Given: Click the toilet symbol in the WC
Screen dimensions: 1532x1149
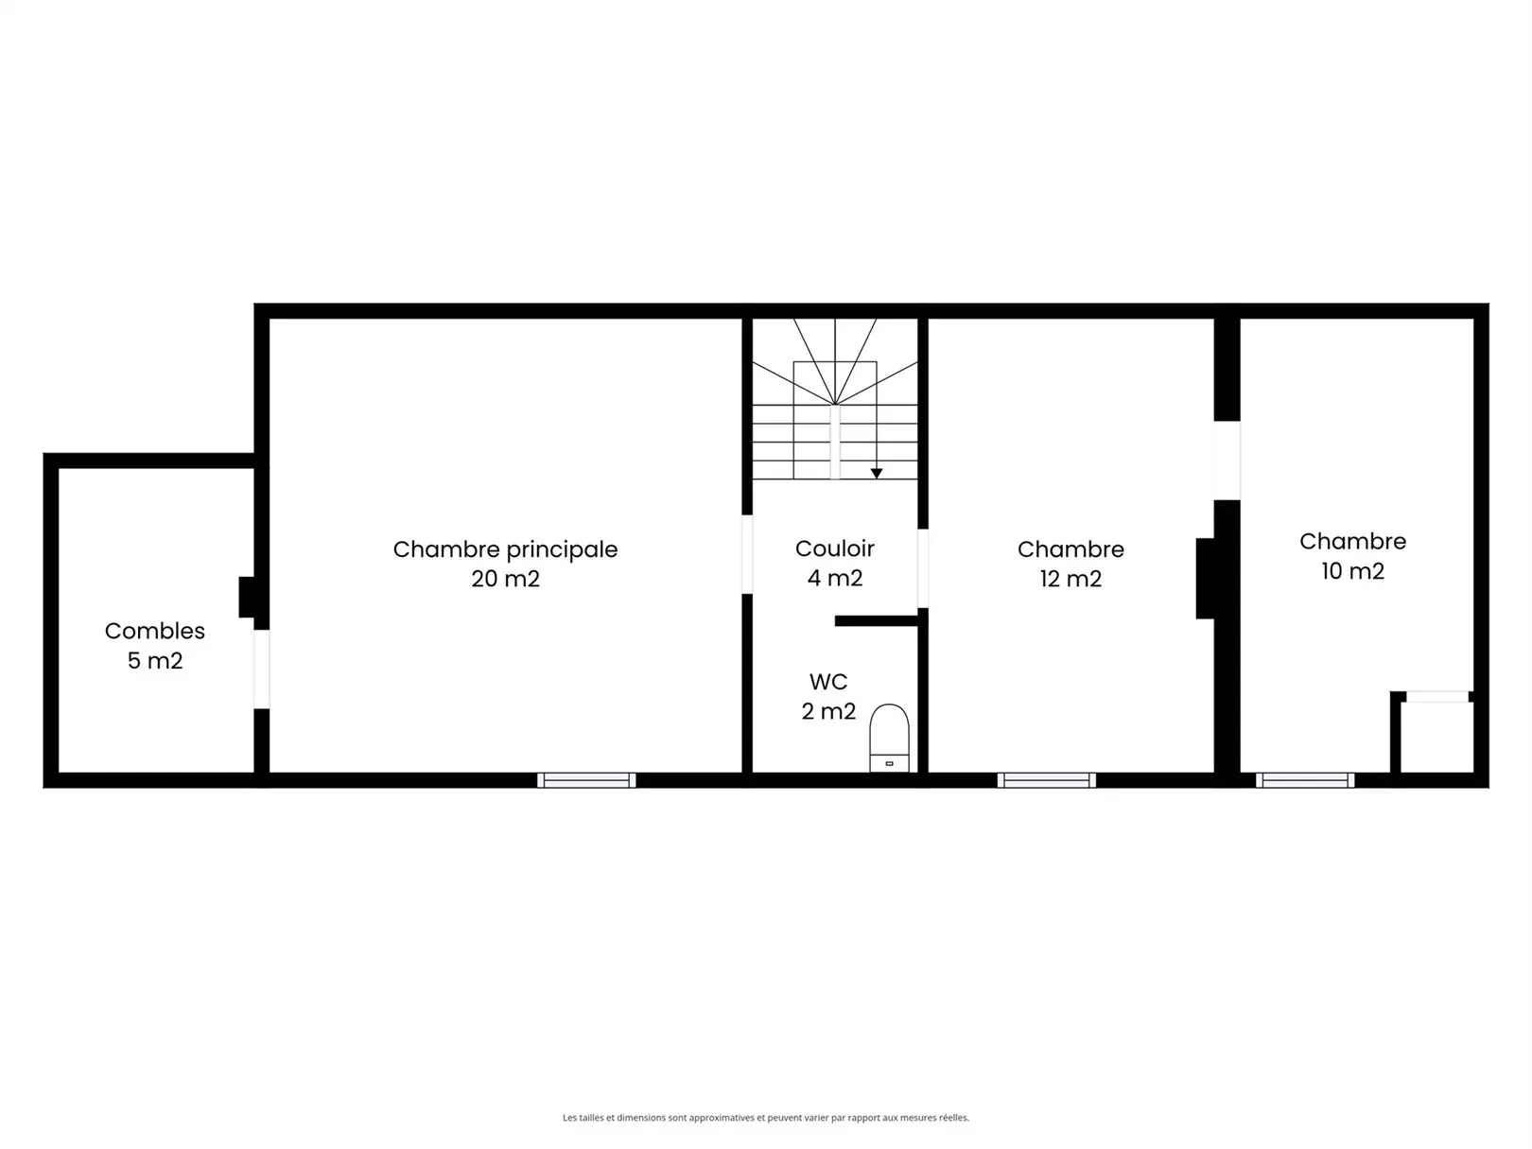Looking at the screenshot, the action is click(x=889, y=738).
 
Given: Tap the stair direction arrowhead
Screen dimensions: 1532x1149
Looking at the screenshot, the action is click(x=877, y=474).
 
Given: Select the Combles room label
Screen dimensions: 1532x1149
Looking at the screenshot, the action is click(x=155, y=631).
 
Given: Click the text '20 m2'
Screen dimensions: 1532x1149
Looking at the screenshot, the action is click(x=505, y=579).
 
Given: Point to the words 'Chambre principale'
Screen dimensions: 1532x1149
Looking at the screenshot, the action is click(x=505, y=549).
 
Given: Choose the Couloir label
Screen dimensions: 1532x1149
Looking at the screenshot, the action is click(x=835, y=548).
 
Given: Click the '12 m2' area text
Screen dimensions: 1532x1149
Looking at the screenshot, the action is click(x=1071, y=579).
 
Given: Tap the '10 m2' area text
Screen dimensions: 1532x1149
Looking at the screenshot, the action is click(x=1352, y=570).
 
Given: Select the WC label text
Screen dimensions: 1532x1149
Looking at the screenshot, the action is click(x=828, y=681).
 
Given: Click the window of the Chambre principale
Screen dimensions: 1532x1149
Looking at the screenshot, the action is click(x=586, y=780).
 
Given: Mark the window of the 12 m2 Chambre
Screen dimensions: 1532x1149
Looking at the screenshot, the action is click(x=1046, y=780).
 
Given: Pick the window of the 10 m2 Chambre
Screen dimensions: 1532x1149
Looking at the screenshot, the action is click(x=1305, y=780).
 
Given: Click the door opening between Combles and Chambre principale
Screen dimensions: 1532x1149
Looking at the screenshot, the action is click(x=262, y=669).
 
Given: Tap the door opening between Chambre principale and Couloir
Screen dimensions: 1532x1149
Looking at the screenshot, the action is click(x=747, y=554).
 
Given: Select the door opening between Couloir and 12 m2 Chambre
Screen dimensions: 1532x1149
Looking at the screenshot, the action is click(x=923, y=568).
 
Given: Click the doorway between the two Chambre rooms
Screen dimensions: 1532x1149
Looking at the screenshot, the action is click(x=1227, y=461).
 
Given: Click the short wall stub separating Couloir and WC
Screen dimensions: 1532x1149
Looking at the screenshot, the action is click(x=876, y=621).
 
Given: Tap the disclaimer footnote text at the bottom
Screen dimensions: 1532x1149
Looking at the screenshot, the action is click(x=766, y=1118).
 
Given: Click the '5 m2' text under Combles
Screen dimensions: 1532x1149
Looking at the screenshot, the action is click(x=155, y=660).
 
